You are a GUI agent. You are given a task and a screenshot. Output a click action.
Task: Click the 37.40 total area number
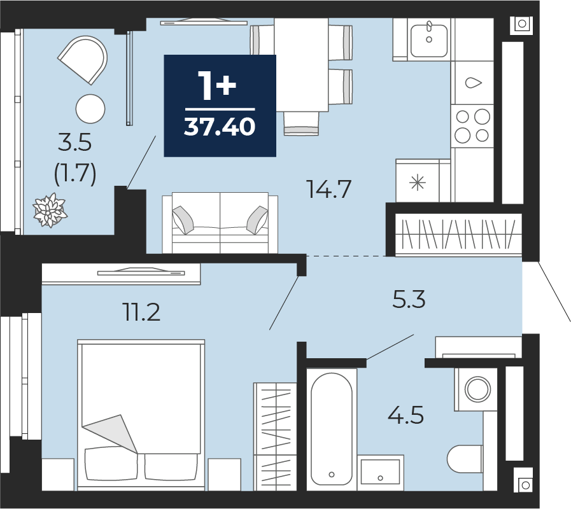pos(220,127)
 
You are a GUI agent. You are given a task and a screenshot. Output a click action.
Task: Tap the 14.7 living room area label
pos(329,189)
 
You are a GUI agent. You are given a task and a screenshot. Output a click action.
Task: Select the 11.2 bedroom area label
pos(142,312)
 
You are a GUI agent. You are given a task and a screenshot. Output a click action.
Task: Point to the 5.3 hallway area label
pos(409,299)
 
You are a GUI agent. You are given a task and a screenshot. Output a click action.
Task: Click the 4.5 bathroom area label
pos(405,415)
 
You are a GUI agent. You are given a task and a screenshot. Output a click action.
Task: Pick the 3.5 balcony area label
pos(74,142)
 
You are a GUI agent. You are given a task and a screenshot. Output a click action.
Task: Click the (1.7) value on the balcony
pos(75,173)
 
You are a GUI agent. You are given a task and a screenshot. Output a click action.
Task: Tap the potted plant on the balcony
pos(50,211)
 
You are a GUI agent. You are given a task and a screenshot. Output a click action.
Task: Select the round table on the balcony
pos(90,109)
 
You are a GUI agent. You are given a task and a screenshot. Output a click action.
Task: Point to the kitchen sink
pos(429,41)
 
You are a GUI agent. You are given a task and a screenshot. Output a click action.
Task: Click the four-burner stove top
pos(472,126)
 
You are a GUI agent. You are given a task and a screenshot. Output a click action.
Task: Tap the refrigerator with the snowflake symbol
pos(418,181)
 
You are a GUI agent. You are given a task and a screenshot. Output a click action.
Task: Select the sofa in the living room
pos(220,223)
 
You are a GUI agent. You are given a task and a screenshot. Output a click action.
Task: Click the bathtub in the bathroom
pos(332,429)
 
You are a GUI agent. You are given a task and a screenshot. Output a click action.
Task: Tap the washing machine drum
pos(477,389)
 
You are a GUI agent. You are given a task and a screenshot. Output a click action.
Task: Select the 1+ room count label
pos(217,85)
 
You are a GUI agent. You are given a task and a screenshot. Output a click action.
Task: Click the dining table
pos(302,65)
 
